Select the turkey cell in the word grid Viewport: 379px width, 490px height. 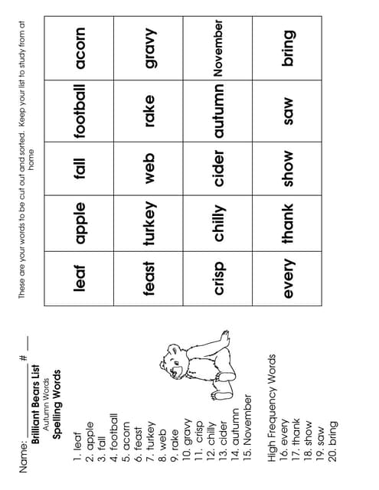point(149,223)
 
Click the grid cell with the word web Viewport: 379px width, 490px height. point(149,168)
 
